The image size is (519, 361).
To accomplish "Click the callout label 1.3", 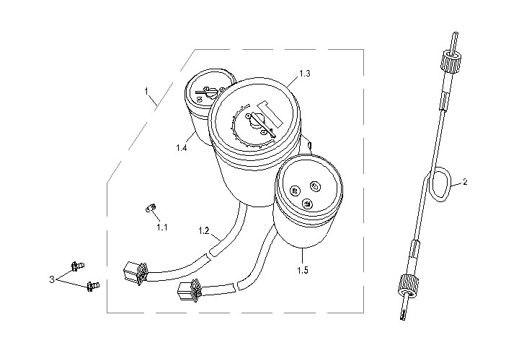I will [x=305, y=74].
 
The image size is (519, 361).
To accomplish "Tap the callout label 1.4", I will [x=181, y=148].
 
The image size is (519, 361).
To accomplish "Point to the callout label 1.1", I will [x=162, y=227].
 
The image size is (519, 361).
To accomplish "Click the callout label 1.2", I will [x=204, y=232].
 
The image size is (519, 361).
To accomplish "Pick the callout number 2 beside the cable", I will [x=465, y=183].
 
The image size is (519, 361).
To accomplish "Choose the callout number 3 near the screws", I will [x=51, y=278].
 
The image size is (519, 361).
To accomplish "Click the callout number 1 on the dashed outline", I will [x=146, y=92].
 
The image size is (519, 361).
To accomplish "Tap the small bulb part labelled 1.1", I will [x=151, y=209].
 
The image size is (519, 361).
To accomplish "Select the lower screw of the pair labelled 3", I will [x=92, y=287].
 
